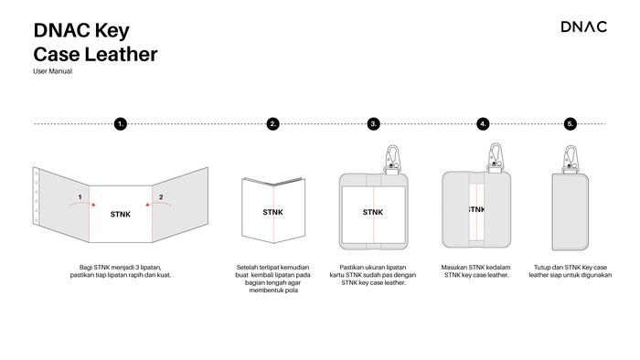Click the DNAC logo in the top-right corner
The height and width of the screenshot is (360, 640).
583,26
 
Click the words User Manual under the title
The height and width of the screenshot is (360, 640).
53,71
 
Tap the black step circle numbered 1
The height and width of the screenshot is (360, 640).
121,123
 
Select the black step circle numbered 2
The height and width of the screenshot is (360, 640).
273,123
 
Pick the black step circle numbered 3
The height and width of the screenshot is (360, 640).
373,123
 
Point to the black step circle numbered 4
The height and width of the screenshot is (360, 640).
483,123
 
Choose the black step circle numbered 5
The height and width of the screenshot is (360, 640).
571,123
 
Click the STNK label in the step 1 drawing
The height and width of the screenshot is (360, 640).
121,214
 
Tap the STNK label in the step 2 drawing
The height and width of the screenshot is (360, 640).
272,212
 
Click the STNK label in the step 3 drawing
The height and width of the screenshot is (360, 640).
373,212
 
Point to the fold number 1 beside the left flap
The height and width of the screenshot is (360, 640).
80,197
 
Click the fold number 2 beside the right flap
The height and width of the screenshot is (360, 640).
161,197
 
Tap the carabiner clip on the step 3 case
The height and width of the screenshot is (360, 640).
392,160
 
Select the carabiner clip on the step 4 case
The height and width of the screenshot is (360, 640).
496,158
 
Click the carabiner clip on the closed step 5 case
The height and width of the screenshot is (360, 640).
571,160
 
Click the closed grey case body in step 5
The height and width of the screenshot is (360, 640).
571,212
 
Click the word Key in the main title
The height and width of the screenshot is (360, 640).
112,31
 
